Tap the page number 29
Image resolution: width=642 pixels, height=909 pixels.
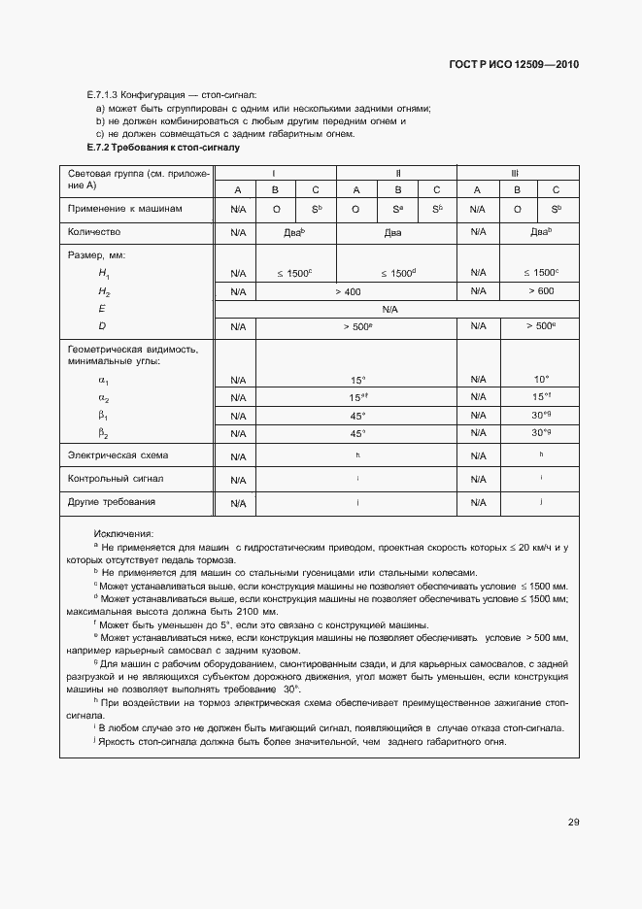tap(574, 822)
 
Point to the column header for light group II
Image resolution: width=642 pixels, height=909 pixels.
tap(398, 173)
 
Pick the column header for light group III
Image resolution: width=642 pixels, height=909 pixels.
tap(516, 173)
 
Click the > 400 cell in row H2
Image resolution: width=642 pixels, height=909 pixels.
tap(347, 291)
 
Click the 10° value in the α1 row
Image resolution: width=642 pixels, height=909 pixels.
tap(541, 379)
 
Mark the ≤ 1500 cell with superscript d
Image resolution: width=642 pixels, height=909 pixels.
tap(397, 274)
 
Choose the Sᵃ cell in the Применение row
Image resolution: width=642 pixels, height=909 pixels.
tap(397, 209)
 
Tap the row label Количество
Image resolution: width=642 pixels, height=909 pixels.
tap(93, 233)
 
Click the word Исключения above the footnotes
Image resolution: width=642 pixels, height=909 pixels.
tap(123, 534)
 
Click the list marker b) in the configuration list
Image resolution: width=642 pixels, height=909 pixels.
tap(100, 121)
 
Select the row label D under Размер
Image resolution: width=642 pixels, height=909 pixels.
tap(102, 326)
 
